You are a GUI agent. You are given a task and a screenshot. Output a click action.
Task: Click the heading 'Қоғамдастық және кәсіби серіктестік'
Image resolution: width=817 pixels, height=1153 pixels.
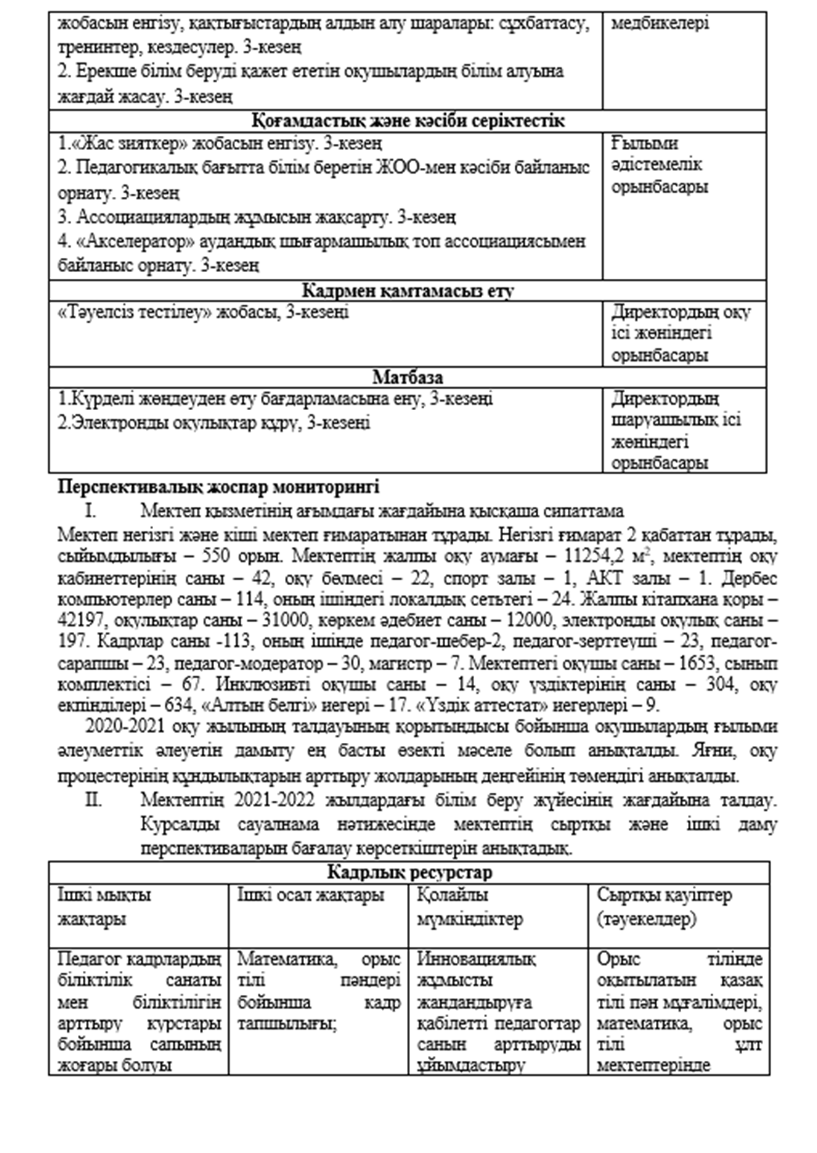pos(408,121)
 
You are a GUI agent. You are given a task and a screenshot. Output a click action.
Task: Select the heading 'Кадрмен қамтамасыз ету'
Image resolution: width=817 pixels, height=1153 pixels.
pos(408,291)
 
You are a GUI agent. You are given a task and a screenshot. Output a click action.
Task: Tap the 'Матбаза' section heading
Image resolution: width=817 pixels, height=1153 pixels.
pos(408,378)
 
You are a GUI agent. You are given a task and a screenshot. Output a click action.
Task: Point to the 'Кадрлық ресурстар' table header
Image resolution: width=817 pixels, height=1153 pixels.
pos(409,873)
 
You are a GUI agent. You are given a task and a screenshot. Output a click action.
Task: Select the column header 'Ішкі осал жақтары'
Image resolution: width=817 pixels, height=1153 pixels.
pos(311,895)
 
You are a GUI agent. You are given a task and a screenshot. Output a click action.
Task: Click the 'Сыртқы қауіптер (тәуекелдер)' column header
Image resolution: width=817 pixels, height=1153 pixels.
pos(664,906)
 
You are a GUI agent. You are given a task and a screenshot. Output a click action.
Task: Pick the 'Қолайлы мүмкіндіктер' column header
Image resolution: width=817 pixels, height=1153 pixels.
pos(470,906)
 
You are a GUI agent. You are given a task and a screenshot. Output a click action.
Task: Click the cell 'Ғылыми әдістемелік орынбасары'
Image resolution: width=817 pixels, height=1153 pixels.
pos(659,166)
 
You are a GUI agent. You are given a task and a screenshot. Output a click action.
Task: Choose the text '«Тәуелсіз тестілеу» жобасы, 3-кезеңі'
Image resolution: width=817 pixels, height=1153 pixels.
pos(204,312)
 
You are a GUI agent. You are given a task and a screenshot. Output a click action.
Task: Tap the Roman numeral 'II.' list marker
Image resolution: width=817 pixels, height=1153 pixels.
pos(95,801)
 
